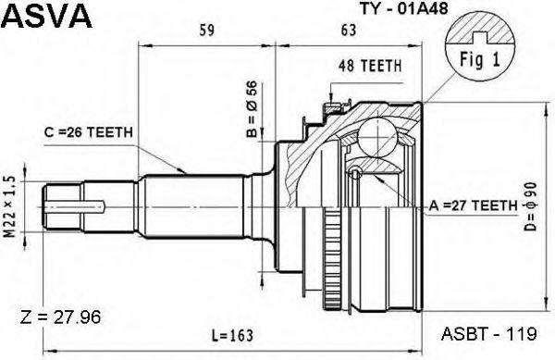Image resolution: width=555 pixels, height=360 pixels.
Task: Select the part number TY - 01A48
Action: [x=404, y=8]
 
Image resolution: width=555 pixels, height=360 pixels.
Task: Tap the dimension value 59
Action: [x=206, y=31]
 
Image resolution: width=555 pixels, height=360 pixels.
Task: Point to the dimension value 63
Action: [x=349, y=31]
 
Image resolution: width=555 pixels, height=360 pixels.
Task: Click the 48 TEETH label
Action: [x=370, y=66]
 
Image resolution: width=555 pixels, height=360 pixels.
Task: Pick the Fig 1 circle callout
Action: [x=479, y=50]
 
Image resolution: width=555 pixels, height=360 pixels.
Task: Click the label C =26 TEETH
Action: [x=89, y=132]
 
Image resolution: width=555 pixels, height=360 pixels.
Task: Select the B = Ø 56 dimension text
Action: [x=252, y=109]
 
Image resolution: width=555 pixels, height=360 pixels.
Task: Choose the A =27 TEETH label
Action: [x=473, y=205]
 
